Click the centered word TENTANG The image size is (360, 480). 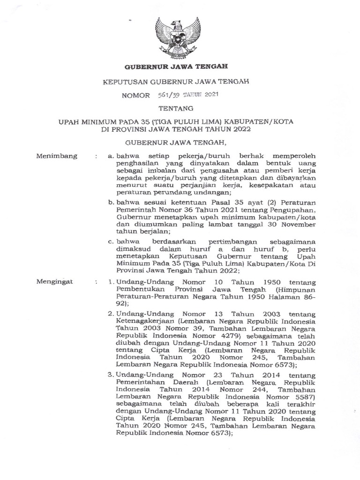(180, 109)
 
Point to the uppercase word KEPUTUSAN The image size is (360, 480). (124, 82)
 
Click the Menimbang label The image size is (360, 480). (57, 156)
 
